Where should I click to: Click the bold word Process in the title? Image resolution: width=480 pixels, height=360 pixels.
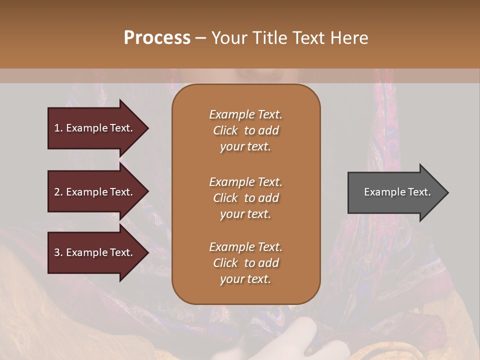pyautogui.click(x=157, y=38)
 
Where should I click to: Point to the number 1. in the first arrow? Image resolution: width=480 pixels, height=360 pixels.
pyautogui.click(x=58, y=128)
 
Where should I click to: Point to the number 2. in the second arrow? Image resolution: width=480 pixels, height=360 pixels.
pyautogui.click(x=58, y=192)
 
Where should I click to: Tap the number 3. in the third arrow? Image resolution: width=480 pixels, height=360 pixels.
pyautogui.click(x=58, y=252)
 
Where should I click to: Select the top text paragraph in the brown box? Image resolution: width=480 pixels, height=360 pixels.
pyautogui.click(x=245, y=130)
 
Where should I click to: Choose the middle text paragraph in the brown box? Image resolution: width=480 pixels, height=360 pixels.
pyautogui.click(x=245, y=198)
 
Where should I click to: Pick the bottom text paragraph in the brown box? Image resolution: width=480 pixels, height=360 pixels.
pyautogui.click(x=245, y=263)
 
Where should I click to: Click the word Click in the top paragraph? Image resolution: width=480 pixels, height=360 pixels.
pyautogui.click(x=225, y=130)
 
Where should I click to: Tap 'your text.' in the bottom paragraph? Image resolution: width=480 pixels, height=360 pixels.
pyautogui.click(x=245, y=279)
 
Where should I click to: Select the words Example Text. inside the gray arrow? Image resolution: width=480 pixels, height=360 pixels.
pyautogui.click(x=397, y=192)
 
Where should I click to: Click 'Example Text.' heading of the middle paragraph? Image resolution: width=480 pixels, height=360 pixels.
pyautogui.click(x=245, y=182)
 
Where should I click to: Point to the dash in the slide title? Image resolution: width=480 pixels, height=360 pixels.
pyautogui.click(x=201, y=38)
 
